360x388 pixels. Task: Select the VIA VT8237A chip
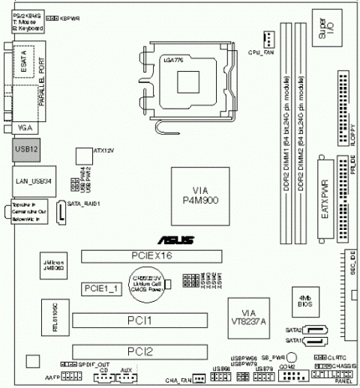point(250,317)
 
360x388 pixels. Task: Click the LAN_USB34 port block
point(30,181)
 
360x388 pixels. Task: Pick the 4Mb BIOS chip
point(305,300)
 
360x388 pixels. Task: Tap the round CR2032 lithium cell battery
point(146,287)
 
